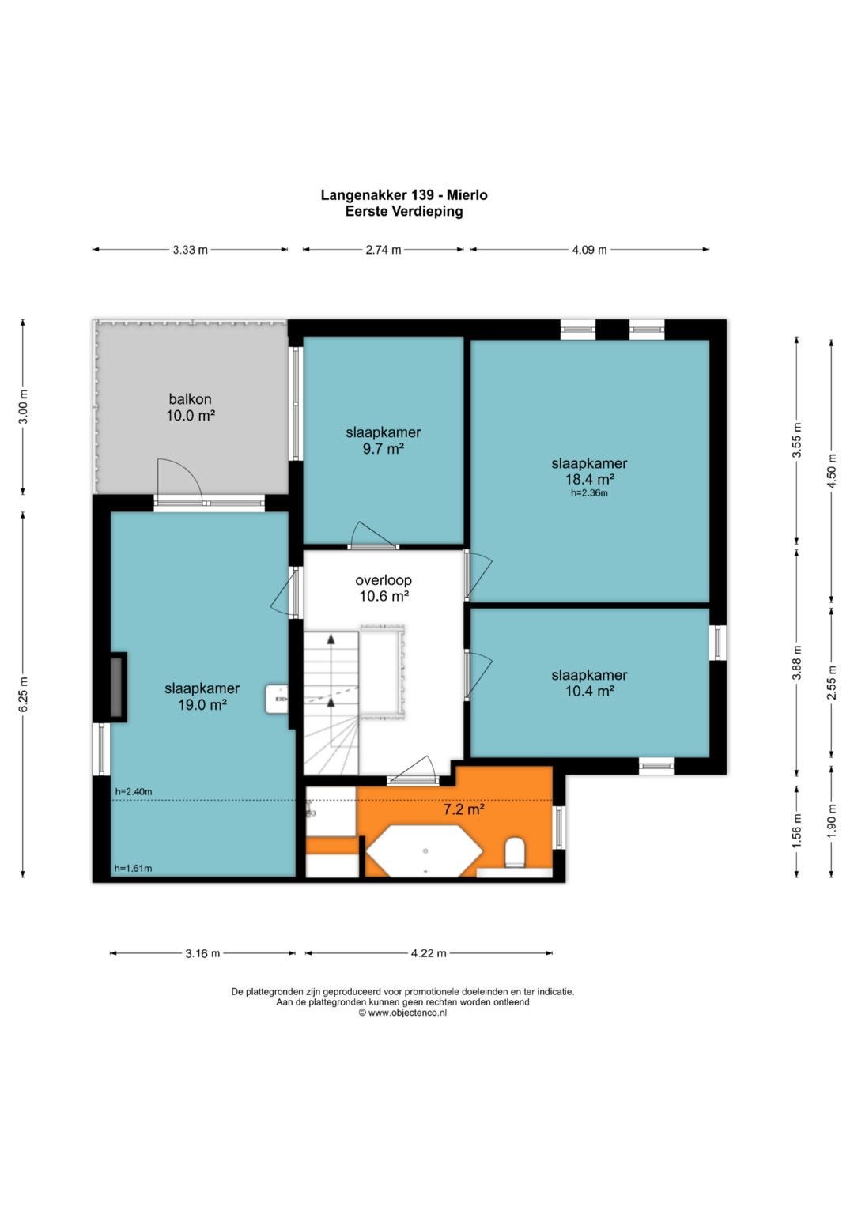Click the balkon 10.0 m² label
[191, 407]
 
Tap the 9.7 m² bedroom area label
[384, 440]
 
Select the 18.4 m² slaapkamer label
[589, 471]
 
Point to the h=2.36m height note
[589, 493]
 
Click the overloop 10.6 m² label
[384, 588]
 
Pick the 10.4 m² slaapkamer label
[589, 683]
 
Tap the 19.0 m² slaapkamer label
[202, 696]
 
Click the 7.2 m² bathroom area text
[463, 809]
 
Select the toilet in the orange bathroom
[516, 852]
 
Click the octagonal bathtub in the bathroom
[425, 851]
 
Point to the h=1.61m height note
[133, 868]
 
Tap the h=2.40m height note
[133, 791]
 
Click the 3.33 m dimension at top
[191, 250]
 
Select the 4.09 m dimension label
[589, 250]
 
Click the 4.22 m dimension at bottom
[429, 953]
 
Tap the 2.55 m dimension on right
[832, 683]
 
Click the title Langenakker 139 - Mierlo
[404, 195]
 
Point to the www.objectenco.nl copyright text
[403, 1013]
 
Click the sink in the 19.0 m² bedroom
[276, 699]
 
